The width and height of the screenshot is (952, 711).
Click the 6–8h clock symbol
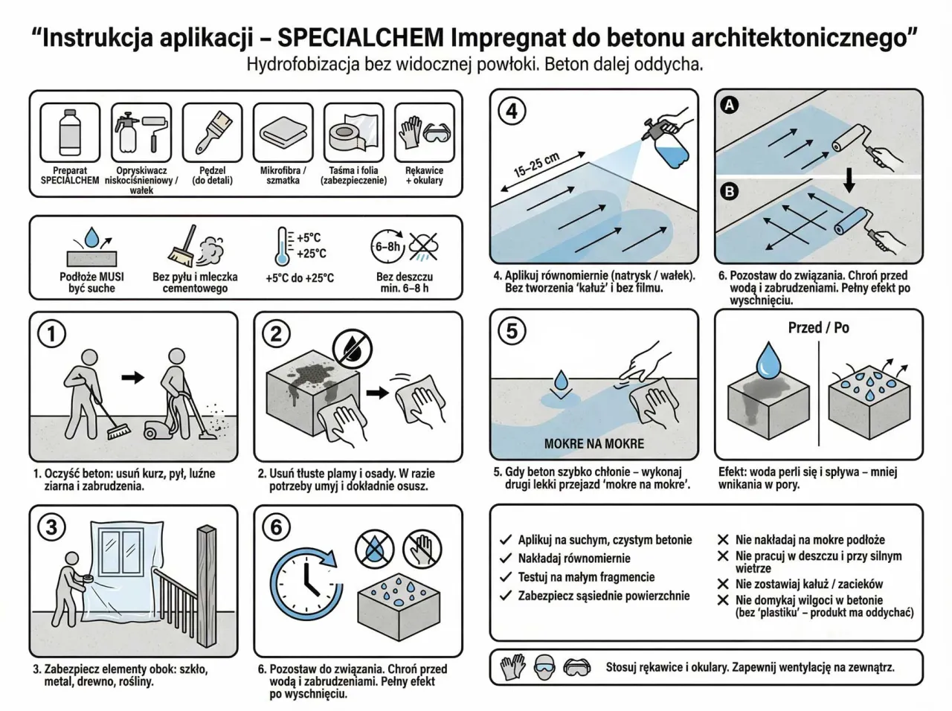click(x=387, y=246)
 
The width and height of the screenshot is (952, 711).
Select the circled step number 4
click(x=512, y=112)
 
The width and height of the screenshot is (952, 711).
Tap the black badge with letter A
click(x=730, y=106)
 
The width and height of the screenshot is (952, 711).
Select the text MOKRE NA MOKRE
click(x=594, y=444)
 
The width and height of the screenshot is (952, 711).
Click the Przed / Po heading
click(x=818, y=328)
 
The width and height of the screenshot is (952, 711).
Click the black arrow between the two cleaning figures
click(x=132, y=378)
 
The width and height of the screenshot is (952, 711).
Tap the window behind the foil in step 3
click(x=123, y=553)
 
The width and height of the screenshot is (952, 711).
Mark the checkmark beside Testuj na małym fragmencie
click(x=506, y=577)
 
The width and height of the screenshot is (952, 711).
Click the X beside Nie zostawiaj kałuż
click(x=722, y=585)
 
